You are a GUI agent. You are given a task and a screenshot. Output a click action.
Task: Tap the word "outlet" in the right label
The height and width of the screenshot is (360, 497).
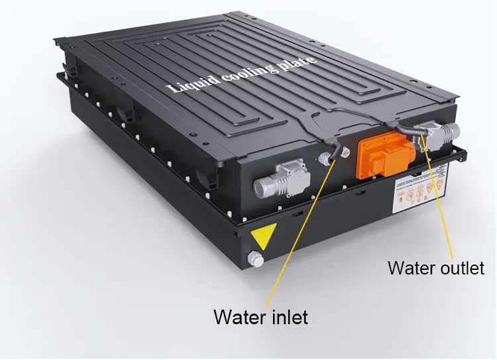click(461, 268)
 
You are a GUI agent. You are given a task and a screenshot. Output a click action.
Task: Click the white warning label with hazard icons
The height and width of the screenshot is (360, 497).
click(417, 194)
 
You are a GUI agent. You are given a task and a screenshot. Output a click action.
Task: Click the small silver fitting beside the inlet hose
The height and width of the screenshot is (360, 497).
click(325, 160)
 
